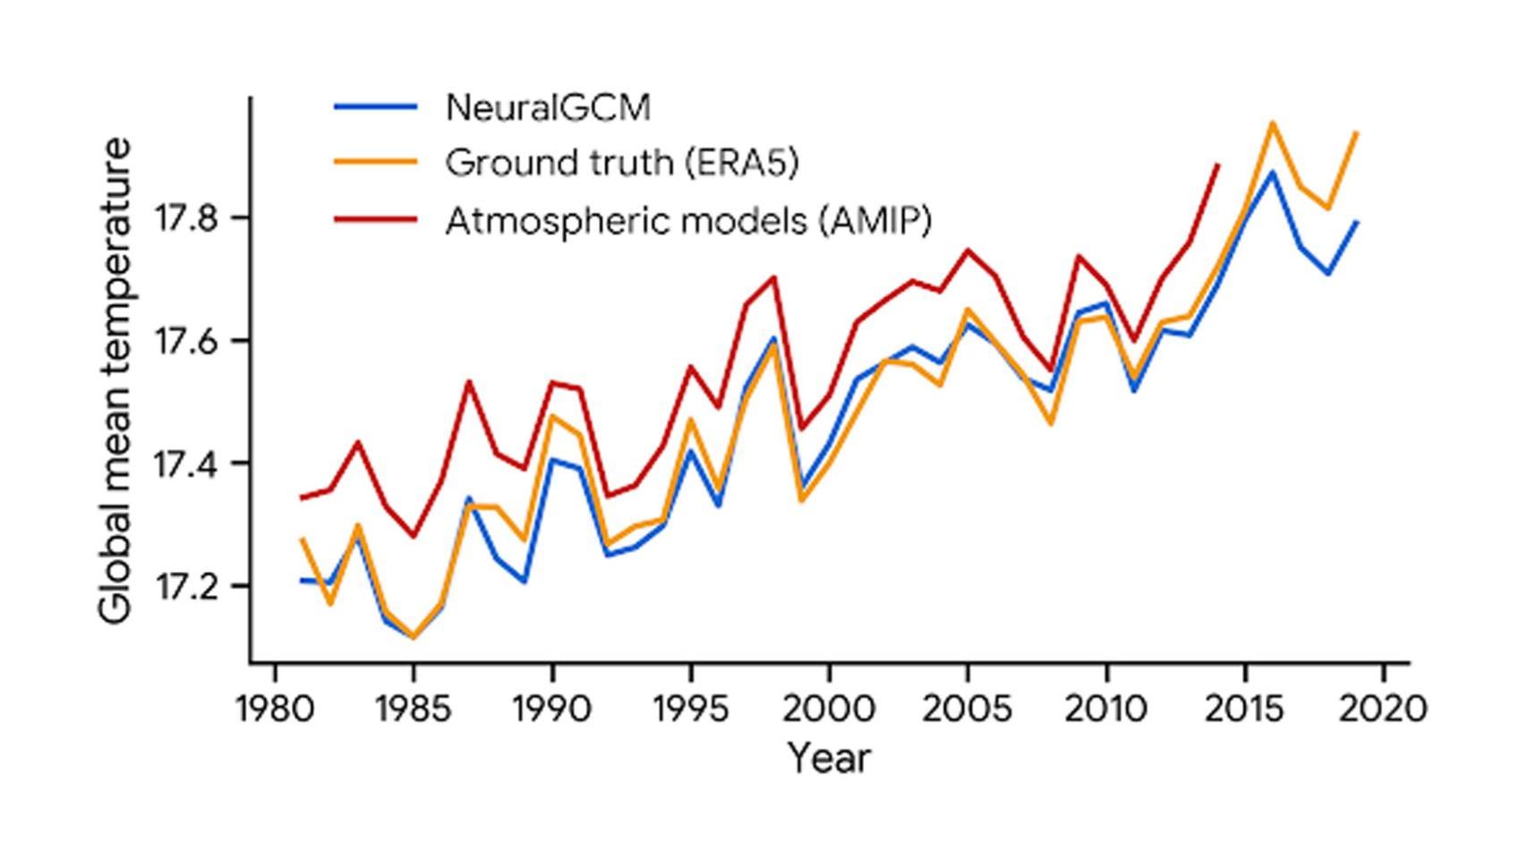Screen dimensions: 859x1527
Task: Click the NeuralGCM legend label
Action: pyautogui.click(x=548, y=107)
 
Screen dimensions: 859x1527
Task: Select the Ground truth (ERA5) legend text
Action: pyautogui.click(x=621, y=163)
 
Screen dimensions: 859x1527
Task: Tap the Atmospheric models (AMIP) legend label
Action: pyautogui.click(x=688, y=219)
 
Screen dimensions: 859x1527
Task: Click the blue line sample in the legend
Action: pyautogui.click(x=376, y=107)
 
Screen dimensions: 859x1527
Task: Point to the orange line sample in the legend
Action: pyautogui.click(x=376, y=163)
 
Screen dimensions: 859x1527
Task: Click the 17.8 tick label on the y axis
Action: pyautogui.click(x=186, y=218)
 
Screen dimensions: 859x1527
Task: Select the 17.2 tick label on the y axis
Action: pyautogui.click(x=186, y=587)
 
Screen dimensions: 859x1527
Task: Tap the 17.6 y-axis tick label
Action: pyautogui.click(x=186, y=341)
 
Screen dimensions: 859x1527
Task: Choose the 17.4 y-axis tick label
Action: pyautogui.click(x=186, y=464)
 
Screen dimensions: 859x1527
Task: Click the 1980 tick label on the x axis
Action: pyautogui.click(x=275, y=710)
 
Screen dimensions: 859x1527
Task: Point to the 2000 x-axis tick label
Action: pyautogui.click(x=829, y=710)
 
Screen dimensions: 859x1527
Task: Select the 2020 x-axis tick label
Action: pyautogui.click(x=1383, y=710)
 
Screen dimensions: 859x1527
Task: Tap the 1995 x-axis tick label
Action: pyautogui.click(x=690, y=710)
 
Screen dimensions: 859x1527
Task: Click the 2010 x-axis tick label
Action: pyautogui.click(x=1106, y=710)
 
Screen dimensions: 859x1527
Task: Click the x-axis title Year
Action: pyautogui.click(x=828, y=759)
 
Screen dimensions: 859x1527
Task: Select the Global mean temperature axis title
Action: pyautogui.click(x=115, y=380)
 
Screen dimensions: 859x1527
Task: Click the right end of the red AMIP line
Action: pyautogui.click(x=1217, y=166)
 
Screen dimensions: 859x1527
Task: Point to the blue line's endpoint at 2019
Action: pyautogui.click(x=1357, y=222)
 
